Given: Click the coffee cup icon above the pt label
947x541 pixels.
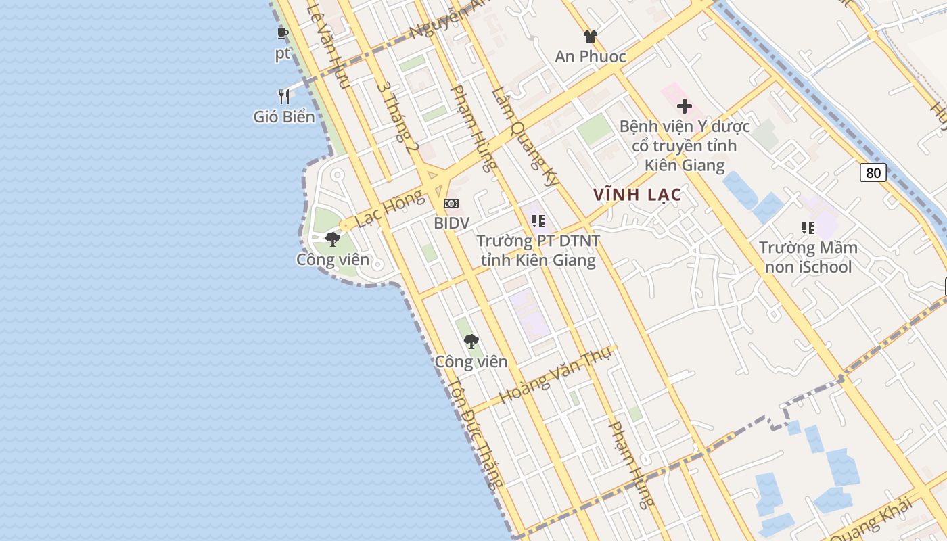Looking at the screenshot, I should point(283,33).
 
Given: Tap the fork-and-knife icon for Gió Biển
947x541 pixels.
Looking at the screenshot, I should point(284,97).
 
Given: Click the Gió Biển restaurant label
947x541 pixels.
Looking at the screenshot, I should point(284,116).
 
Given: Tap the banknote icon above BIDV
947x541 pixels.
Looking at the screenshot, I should point(451,204).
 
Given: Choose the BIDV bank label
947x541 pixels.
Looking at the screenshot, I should point(451,222).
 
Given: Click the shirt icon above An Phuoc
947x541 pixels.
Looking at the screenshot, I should point(591,37).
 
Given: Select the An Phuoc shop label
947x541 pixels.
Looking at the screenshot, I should point(591,56).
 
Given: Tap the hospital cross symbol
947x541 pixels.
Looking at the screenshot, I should point(685,106).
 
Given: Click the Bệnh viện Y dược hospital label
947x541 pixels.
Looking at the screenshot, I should point(685,145).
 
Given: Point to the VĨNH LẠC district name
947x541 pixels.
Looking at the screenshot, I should point(637,195).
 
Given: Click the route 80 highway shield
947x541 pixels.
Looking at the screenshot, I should point(873,172).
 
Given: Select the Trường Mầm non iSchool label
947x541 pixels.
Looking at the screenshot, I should point(808,257).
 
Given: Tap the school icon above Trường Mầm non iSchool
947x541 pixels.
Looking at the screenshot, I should point(808,228).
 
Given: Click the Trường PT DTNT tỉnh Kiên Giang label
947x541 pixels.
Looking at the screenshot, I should point(538,250).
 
